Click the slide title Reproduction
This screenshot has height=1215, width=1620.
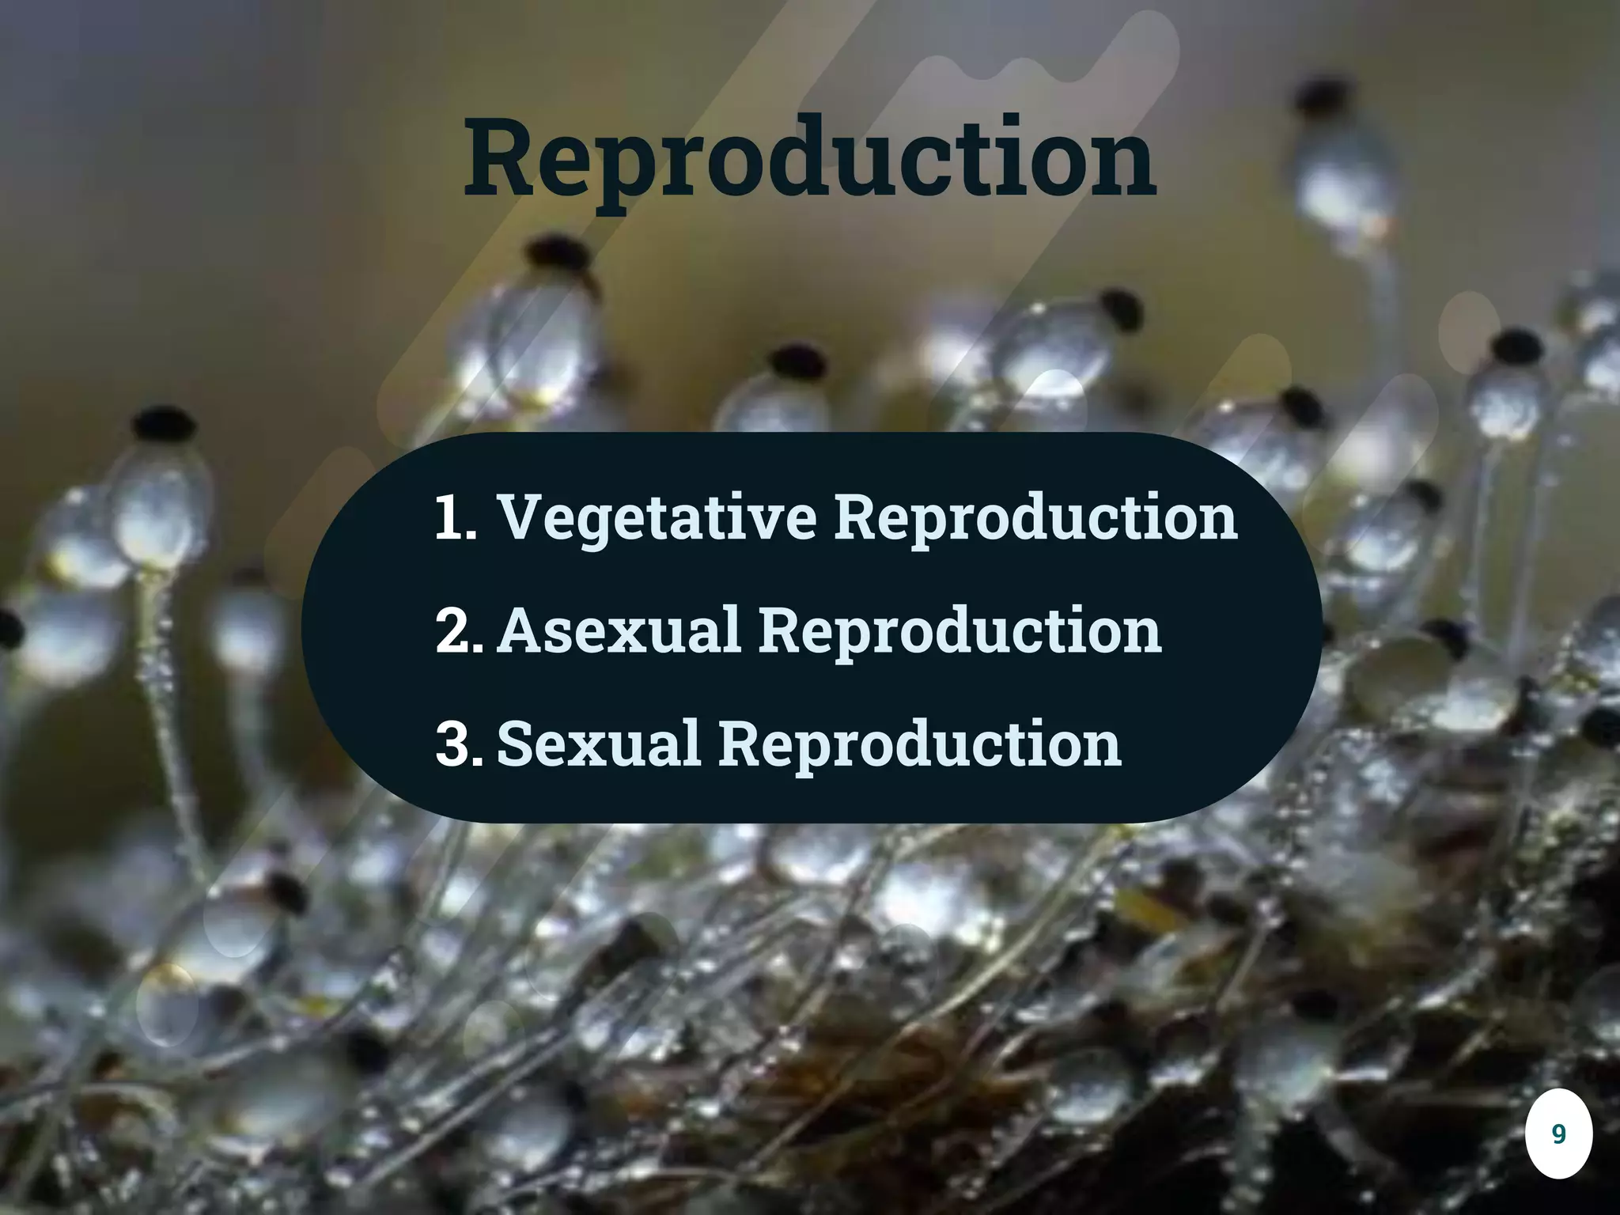810,158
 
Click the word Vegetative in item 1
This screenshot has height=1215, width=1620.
657,518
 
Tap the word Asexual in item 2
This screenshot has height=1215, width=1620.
621,631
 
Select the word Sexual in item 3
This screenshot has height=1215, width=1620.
599,744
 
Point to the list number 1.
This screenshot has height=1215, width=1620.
454,518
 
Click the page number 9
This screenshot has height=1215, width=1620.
1558,1134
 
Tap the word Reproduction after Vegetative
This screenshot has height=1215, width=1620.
1036,518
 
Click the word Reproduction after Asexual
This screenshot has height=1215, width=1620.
960,631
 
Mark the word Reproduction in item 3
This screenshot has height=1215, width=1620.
920,744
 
